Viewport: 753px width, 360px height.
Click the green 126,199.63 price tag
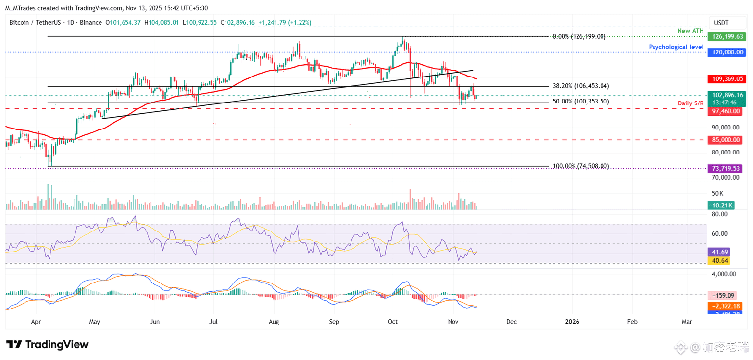[725, 36]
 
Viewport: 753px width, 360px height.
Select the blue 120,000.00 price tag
[725, 52]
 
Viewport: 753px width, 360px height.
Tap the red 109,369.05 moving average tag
[725, 78]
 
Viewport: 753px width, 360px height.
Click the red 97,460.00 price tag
[725, 112]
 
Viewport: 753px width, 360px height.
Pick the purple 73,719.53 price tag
[725, 168]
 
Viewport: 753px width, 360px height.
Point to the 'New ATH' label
[690, 31]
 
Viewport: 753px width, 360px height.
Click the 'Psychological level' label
[676, 47]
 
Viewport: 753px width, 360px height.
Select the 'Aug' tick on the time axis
[274, 322]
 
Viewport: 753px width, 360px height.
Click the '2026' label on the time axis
[572, 322]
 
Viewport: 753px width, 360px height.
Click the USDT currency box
[721, 23]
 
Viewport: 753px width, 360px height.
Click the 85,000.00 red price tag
[725, 140]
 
